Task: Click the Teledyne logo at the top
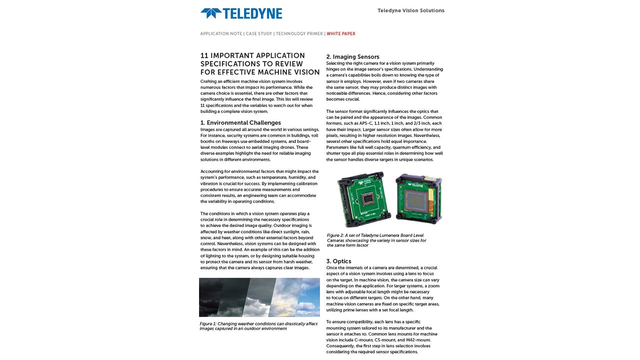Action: pos(241,13)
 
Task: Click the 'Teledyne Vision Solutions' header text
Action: pos(410,10)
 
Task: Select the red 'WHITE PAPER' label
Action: pos(341,34)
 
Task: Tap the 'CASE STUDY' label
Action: pos(259,34)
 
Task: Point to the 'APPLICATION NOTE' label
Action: pos(221,34)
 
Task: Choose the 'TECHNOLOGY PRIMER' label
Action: pos(299,34)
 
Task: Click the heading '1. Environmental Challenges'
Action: pos(240,122)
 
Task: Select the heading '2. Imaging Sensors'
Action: pos(352,57)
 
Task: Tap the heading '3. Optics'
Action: pos(338,261)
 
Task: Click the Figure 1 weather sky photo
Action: pos(259,297)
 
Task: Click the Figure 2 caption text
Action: pos(376,240)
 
